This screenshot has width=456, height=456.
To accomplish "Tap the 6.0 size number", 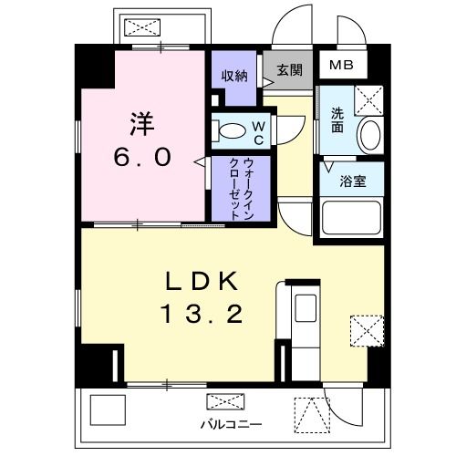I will click(142, 158).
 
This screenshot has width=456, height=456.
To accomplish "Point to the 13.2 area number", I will click(202, 316).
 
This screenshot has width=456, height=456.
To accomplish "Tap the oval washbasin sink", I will click(370, 135).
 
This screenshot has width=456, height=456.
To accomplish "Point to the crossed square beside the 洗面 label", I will click(368, 97).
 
